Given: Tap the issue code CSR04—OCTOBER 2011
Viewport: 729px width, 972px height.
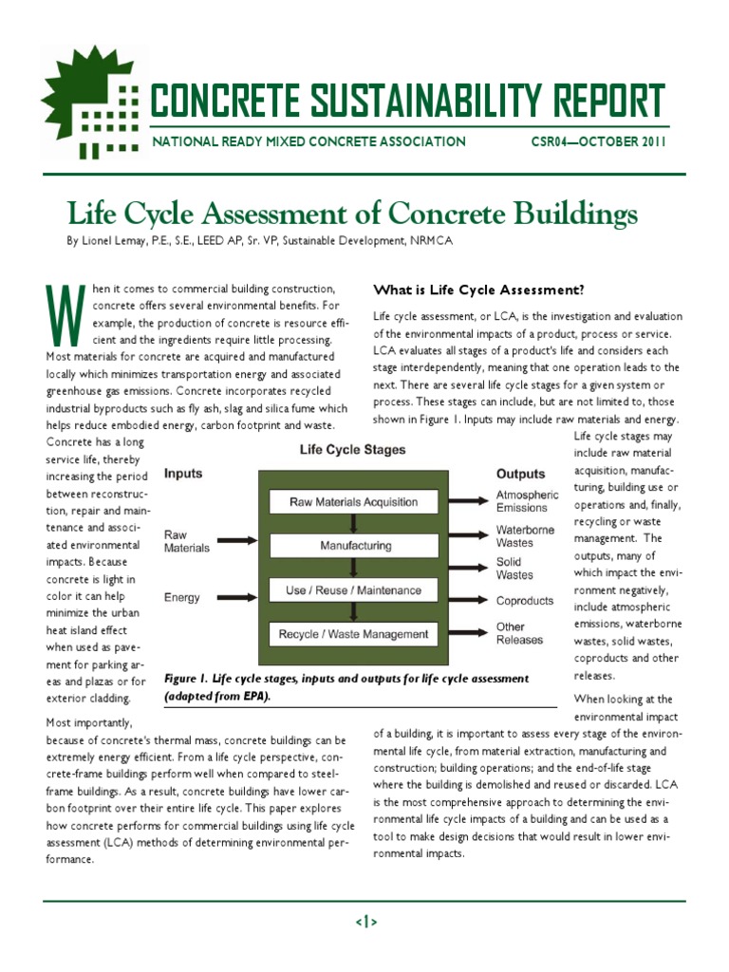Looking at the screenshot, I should (x=598, y=142).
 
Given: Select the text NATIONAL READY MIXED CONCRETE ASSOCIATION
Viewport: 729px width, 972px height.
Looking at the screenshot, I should (x=309, y=142).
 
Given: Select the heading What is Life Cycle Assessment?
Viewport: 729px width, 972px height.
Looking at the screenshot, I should (x=478, y=290).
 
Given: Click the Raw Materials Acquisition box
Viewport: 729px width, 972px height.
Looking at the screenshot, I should (x=353, y=502).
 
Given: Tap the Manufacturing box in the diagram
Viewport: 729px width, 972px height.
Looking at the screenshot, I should (x=353, y=546).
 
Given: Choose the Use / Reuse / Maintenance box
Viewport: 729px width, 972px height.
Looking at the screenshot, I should (x=353, y=590).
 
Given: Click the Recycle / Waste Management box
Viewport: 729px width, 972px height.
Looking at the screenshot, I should (x=353, y=634).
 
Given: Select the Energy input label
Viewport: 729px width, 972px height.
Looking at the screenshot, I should (x=183, y=598).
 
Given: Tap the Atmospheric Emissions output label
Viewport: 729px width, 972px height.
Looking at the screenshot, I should (x=528, y=501).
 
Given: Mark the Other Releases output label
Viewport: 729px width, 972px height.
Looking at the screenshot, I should (x=520, y=633).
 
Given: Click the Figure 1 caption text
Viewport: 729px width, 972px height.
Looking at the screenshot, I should (x=346, y=687).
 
